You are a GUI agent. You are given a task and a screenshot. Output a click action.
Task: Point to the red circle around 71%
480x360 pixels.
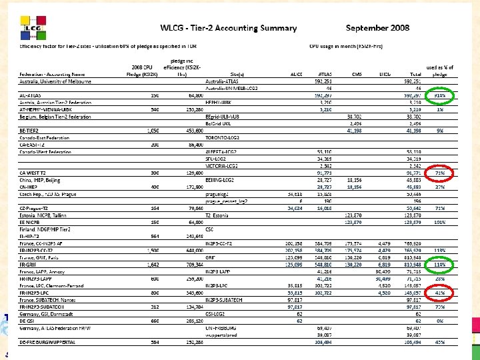[441, 173]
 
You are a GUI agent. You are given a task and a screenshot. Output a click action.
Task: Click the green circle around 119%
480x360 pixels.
[441, 264]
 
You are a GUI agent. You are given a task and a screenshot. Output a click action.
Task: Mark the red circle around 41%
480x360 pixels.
[441, 292]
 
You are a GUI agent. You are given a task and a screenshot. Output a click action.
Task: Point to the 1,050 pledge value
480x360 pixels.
[151, 131]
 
